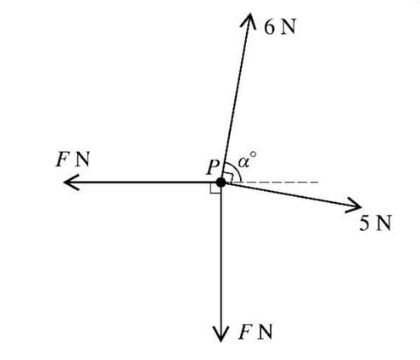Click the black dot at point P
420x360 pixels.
pyautogui.click(x=221, y=182)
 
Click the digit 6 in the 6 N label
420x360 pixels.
pyautogui.click(x=269, y=27)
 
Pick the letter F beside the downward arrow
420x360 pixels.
pyautogui.click(x=243, y=331)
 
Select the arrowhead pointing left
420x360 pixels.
pyautogui.click(x=70, y=182)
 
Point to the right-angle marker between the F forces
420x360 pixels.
pyautogui.click(x=215, y=188)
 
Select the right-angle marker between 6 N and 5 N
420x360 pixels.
pyautogui.click(x=230, y=176)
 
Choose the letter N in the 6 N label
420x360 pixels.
pyautogui.click(x=288, y=27)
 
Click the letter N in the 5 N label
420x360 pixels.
pyautogui.click(x=384, y=224)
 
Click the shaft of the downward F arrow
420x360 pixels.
pyautogui.click(x=221, y=255)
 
